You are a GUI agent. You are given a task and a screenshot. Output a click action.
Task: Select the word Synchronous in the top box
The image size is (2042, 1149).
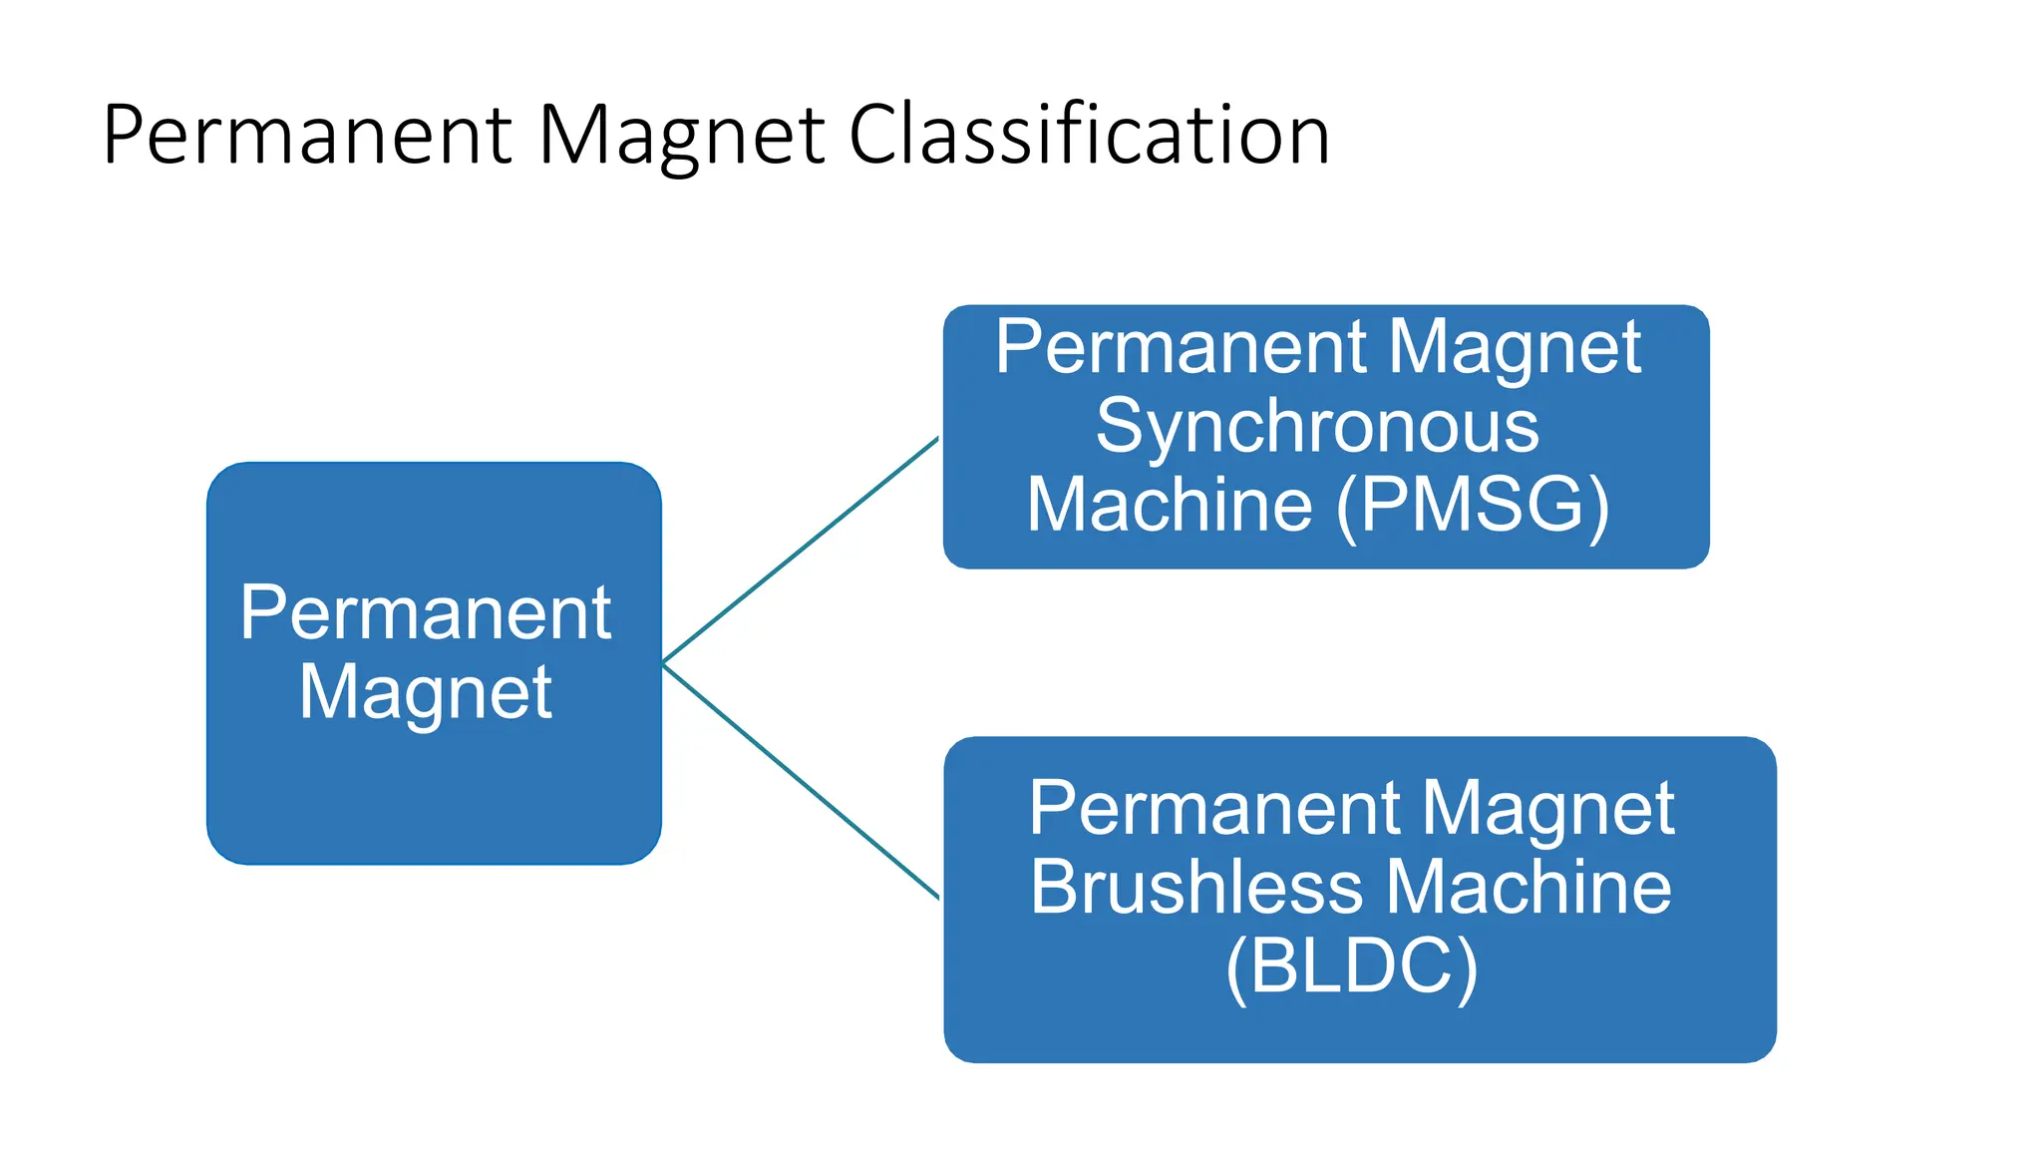click(1317, 426)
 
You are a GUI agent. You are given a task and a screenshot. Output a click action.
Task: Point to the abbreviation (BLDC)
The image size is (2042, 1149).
click(1351, 965)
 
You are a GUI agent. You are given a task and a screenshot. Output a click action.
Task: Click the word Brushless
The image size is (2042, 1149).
click(1196, 886)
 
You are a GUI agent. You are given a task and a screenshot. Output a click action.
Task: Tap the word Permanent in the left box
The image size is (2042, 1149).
click(425, 612)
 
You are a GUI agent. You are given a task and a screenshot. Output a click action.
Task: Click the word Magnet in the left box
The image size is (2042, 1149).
click(425, 692)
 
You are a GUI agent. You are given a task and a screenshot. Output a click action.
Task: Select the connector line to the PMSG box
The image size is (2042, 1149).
click(801, 550)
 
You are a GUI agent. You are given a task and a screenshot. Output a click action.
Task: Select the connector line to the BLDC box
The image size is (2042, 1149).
click(801, 781)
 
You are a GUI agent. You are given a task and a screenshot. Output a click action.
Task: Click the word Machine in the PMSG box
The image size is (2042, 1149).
click(1170, 505)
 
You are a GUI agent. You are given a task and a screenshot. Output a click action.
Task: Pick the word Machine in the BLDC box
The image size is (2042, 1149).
click(1528, 886)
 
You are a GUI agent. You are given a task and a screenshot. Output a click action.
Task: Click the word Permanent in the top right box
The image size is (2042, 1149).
click(1182, 347)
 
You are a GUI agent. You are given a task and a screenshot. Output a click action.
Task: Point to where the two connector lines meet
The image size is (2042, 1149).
click(664, 663)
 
